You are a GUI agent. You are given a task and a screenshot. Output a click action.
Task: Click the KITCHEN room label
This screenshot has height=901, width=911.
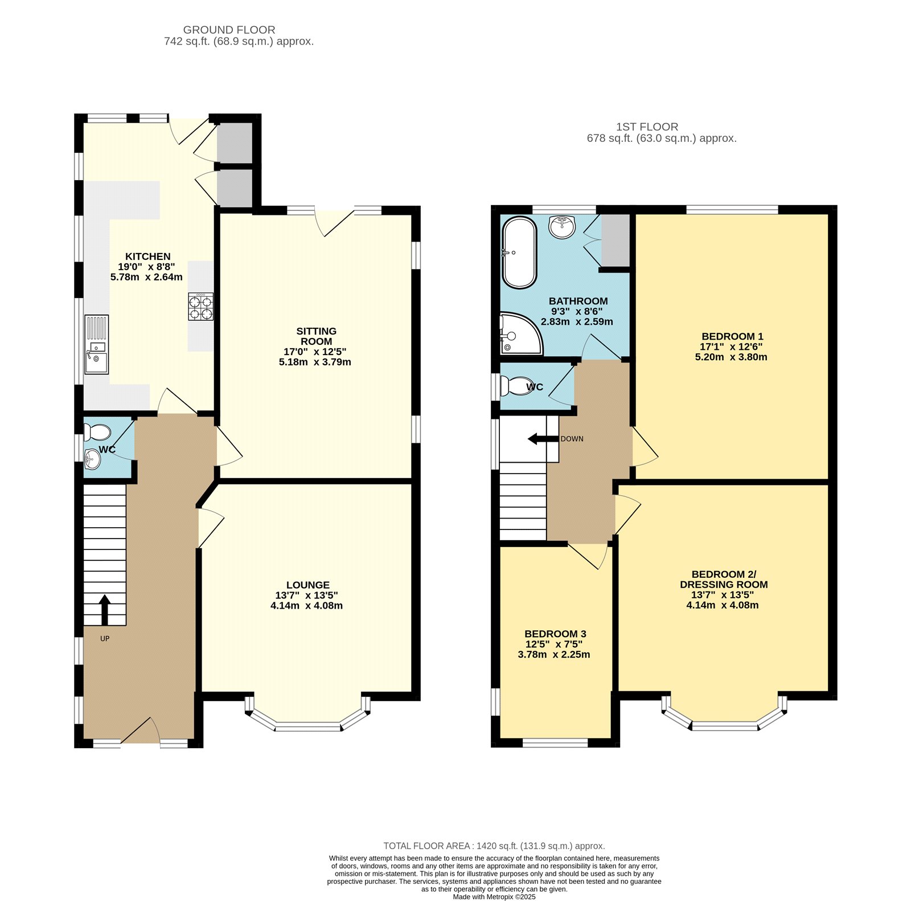point(148,256)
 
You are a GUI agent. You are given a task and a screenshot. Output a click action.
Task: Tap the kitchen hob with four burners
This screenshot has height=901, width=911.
point(201,307)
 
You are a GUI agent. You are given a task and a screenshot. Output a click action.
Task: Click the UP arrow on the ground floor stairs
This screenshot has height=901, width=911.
point(105,610)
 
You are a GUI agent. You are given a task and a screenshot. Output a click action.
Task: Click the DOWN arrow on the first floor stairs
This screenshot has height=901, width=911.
point(543,439)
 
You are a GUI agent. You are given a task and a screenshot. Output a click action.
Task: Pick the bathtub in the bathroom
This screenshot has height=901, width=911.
point(519,253)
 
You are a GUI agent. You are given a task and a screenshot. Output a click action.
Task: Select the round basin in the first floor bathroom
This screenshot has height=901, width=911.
point(563,226)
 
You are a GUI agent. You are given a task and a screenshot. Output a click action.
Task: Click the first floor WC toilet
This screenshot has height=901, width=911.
point(514,386)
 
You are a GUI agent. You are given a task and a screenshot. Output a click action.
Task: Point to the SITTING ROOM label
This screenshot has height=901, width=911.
point(317,336)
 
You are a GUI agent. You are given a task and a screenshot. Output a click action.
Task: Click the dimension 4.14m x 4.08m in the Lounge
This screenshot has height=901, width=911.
point(307,606)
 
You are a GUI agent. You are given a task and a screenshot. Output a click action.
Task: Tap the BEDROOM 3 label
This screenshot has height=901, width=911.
point(555,634)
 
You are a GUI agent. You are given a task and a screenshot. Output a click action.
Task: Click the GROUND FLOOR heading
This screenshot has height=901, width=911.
point(229,30)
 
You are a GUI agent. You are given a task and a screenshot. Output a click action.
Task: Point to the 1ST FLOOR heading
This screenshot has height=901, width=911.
point(647,127)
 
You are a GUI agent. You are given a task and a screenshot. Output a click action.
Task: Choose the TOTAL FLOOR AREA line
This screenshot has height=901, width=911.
point(494,846)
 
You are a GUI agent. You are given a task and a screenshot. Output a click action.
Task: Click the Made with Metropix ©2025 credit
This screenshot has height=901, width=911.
point(494,896)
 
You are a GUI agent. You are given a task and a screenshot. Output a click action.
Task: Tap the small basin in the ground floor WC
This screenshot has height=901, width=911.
point(92,459)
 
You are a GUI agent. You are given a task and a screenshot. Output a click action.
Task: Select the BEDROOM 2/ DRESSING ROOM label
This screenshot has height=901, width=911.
point(724,580)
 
